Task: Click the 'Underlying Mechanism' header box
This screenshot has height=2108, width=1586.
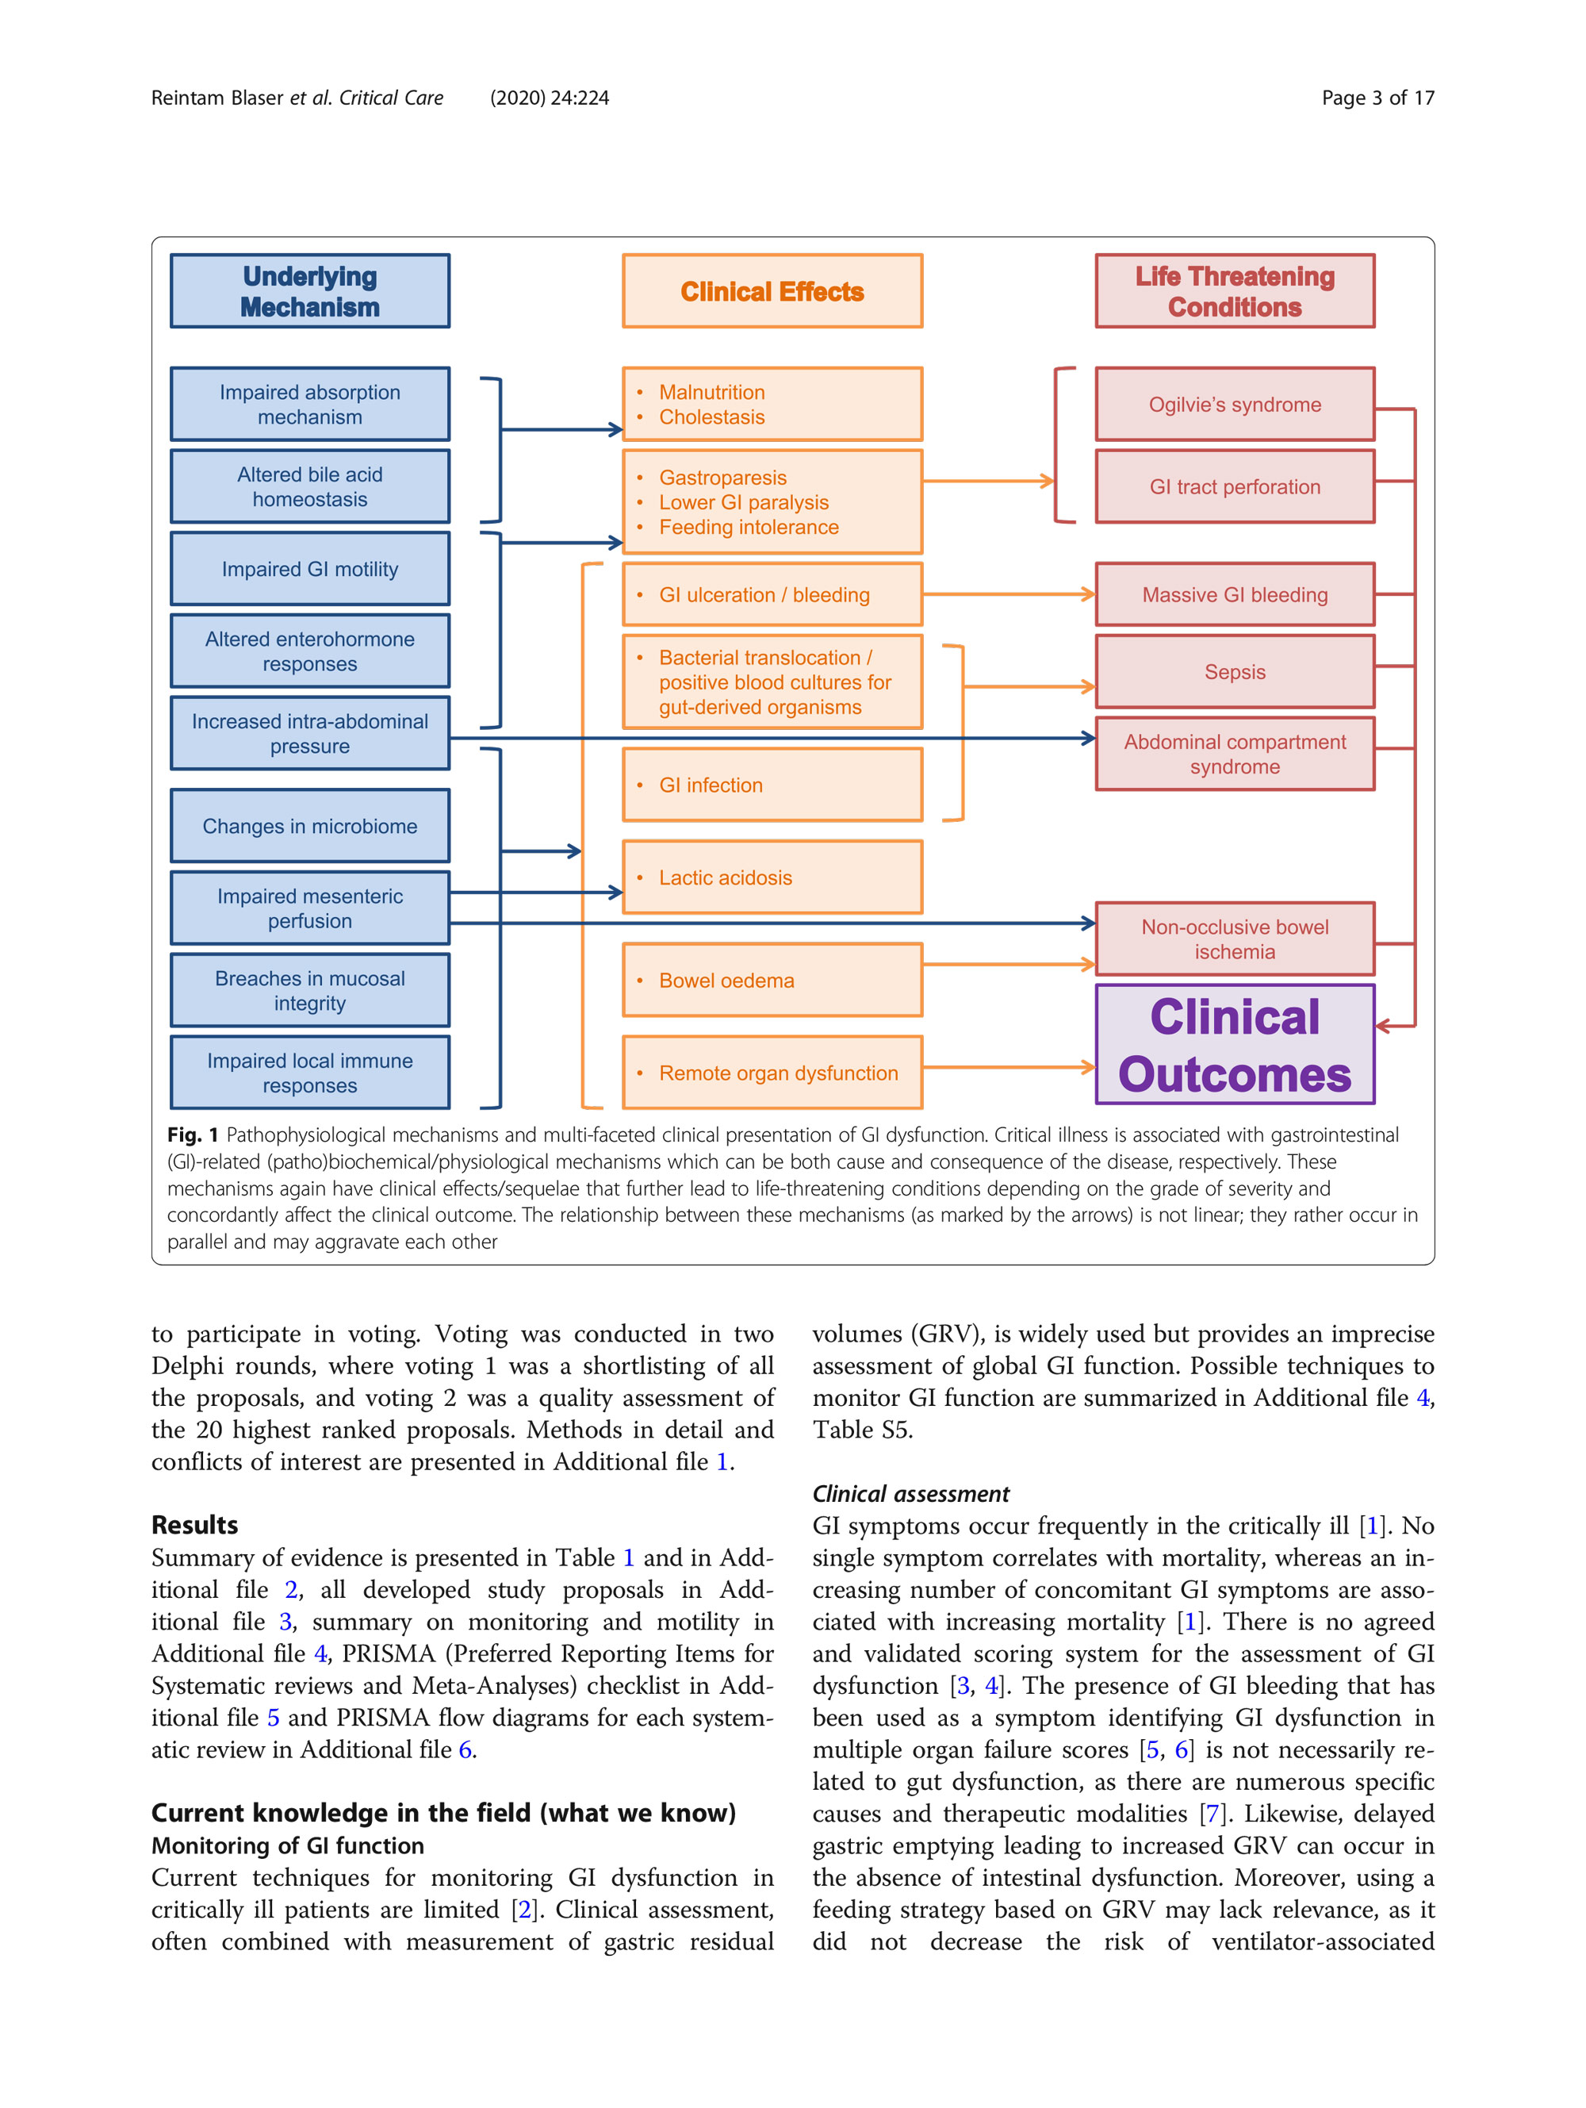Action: (309, 290)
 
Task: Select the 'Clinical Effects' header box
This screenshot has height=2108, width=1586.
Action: (772, 290)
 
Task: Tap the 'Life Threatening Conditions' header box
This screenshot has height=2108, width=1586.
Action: (1235, 290)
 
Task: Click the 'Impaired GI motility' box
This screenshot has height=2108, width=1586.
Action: (309, 569)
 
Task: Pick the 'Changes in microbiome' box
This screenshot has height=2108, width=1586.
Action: (309, 826)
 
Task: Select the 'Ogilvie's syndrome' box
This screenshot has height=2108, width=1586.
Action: (1235, 404)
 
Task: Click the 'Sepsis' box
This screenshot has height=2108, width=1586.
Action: (1235, 672)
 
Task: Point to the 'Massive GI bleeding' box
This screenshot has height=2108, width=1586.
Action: (1235, 595)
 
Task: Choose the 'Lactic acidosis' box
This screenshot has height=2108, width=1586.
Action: (772, 877)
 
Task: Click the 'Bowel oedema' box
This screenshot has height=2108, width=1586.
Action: (772, 981)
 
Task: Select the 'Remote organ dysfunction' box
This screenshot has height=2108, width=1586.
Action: (772, 1073)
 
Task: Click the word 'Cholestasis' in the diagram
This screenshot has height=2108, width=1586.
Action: (711, 417)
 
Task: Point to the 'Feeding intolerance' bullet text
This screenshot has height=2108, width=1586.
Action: (749, 527)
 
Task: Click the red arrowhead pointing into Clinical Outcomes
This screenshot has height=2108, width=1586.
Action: (1384, 1027)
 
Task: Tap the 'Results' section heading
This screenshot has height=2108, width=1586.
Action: (194, 1525)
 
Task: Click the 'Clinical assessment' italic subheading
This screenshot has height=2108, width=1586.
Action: (910, 1493)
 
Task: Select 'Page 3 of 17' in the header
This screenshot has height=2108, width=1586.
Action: (1377, 98)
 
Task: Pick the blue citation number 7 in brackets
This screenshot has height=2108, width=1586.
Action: (1212, 1814)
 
